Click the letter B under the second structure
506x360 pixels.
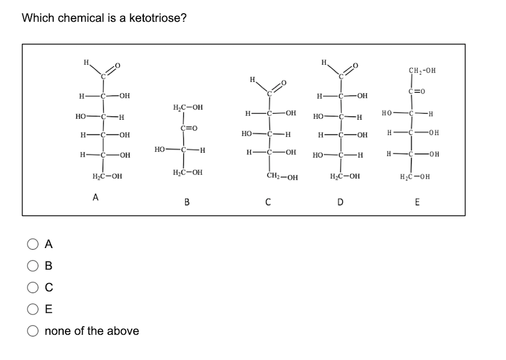click(x=187, y=203)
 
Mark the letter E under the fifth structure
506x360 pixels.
click(x=417, y=203)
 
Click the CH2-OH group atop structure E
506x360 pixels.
click(x=423, y=70)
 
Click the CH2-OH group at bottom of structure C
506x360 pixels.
click(x=282, y=177)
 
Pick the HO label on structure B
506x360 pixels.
click(x=160, y=149)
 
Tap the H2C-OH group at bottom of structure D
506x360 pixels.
click(x=345, y=176)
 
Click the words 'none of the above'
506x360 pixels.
click(x=91, y=331)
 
